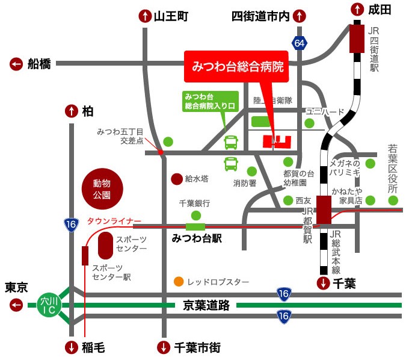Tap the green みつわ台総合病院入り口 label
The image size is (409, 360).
[x=210, y=101]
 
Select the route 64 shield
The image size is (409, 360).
[x=299, y=43]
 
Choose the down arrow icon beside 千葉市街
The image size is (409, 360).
[x=163, y=347]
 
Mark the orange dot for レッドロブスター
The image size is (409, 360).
[x=179, y=281]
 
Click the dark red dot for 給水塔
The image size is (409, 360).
[x=176, y=179]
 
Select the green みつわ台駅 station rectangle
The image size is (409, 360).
[x=195, y=226]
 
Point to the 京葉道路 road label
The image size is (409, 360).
[x=206, y=305]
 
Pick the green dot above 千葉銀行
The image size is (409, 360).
[x=195, y=215]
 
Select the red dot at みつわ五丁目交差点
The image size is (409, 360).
[x=161, y=153]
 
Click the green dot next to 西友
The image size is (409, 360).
[x=288, y=200]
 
